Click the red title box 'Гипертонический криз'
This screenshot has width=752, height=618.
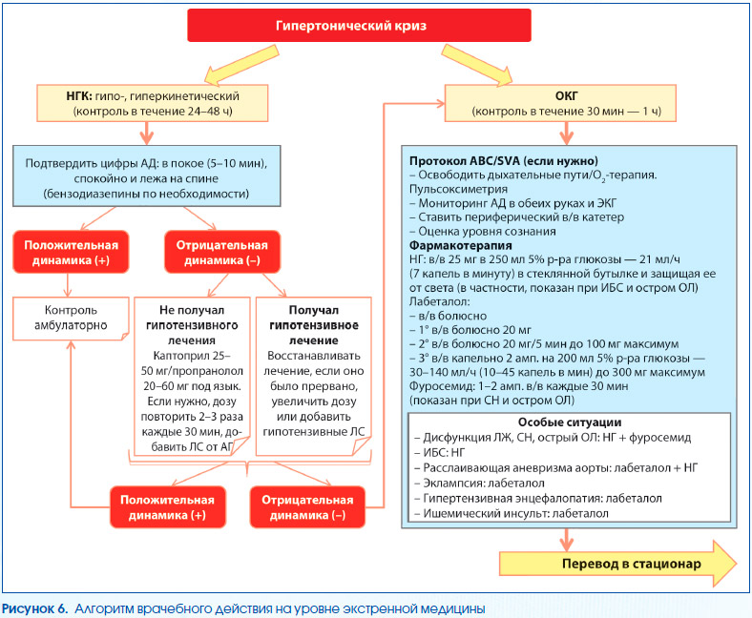[x=359, y=26]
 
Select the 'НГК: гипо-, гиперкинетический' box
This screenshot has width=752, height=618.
[x=152, y=103]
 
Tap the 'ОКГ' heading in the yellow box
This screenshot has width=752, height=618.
[x=567, y=96]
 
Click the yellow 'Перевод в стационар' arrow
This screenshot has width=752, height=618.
[x=617, y=564]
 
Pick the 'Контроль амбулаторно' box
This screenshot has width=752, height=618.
[x=71, y=319]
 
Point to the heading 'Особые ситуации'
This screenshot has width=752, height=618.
[x=570, y=422]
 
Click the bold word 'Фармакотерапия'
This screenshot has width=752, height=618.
[x=460, y=245]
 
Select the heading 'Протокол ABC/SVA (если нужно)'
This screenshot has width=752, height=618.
[x=504, y=161]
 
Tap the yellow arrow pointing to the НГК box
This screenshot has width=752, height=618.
[x=241, y=65]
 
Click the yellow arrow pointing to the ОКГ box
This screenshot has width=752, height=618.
[x=477, y=65]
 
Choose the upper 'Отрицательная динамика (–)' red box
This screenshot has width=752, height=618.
[x=222, y=252]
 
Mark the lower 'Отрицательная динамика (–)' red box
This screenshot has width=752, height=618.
[x=307, y=507]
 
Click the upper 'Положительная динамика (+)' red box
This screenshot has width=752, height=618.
[x=71, y=252]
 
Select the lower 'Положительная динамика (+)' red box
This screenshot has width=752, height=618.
[x=167, y=507]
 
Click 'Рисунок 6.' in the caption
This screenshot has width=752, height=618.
[x=34, y=608]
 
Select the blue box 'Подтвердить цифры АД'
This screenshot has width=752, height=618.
[x=147, y=175]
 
